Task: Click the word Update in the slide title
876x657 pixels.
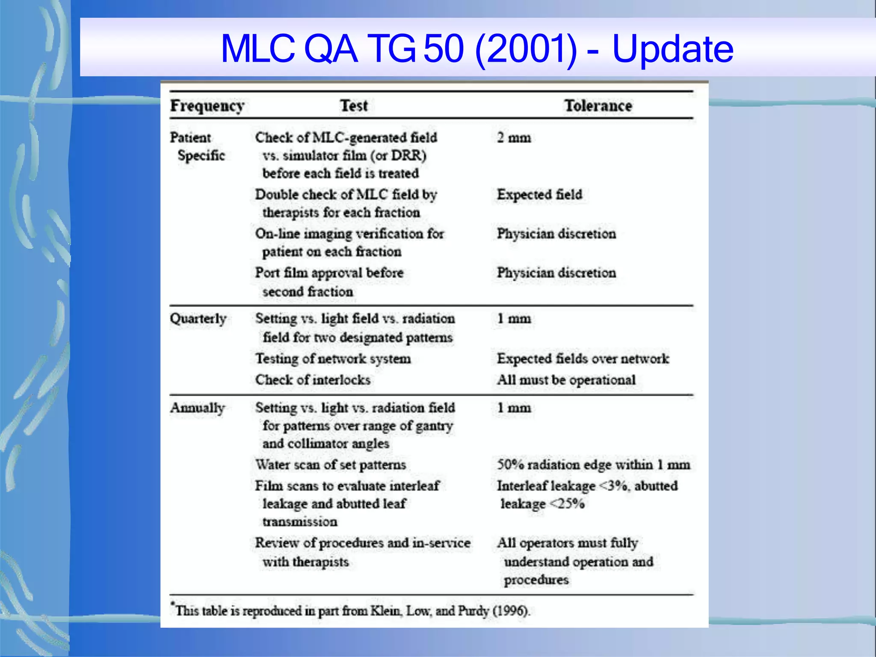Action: (672, 49)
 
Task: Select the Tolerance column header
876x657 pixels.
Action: (598, 106)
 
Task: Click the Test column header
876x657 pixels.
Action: (354, 106)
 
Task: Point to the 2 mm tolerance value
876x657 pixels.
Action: (514, 138)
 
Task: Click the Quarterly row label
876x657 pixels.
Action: (198, 319)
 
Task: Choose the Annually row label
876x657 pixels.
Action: (198, 408)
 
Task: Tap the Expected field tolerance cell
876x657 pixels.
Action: (539, 195)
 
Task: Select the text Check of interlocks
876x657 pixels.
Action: (313, 380)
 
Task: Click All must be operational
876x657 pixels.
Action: (566, 380)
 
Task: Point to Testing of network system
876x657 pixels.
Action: (333, 358)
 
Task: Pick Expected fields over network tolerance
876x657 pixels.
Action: (583, 358)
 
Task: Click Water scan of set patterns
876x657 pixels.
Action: (330, 465)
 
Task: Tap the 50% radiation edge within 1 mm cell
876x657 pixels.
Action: (593, 465)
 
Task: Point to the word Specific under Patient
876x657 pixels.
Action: (201, 156)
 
